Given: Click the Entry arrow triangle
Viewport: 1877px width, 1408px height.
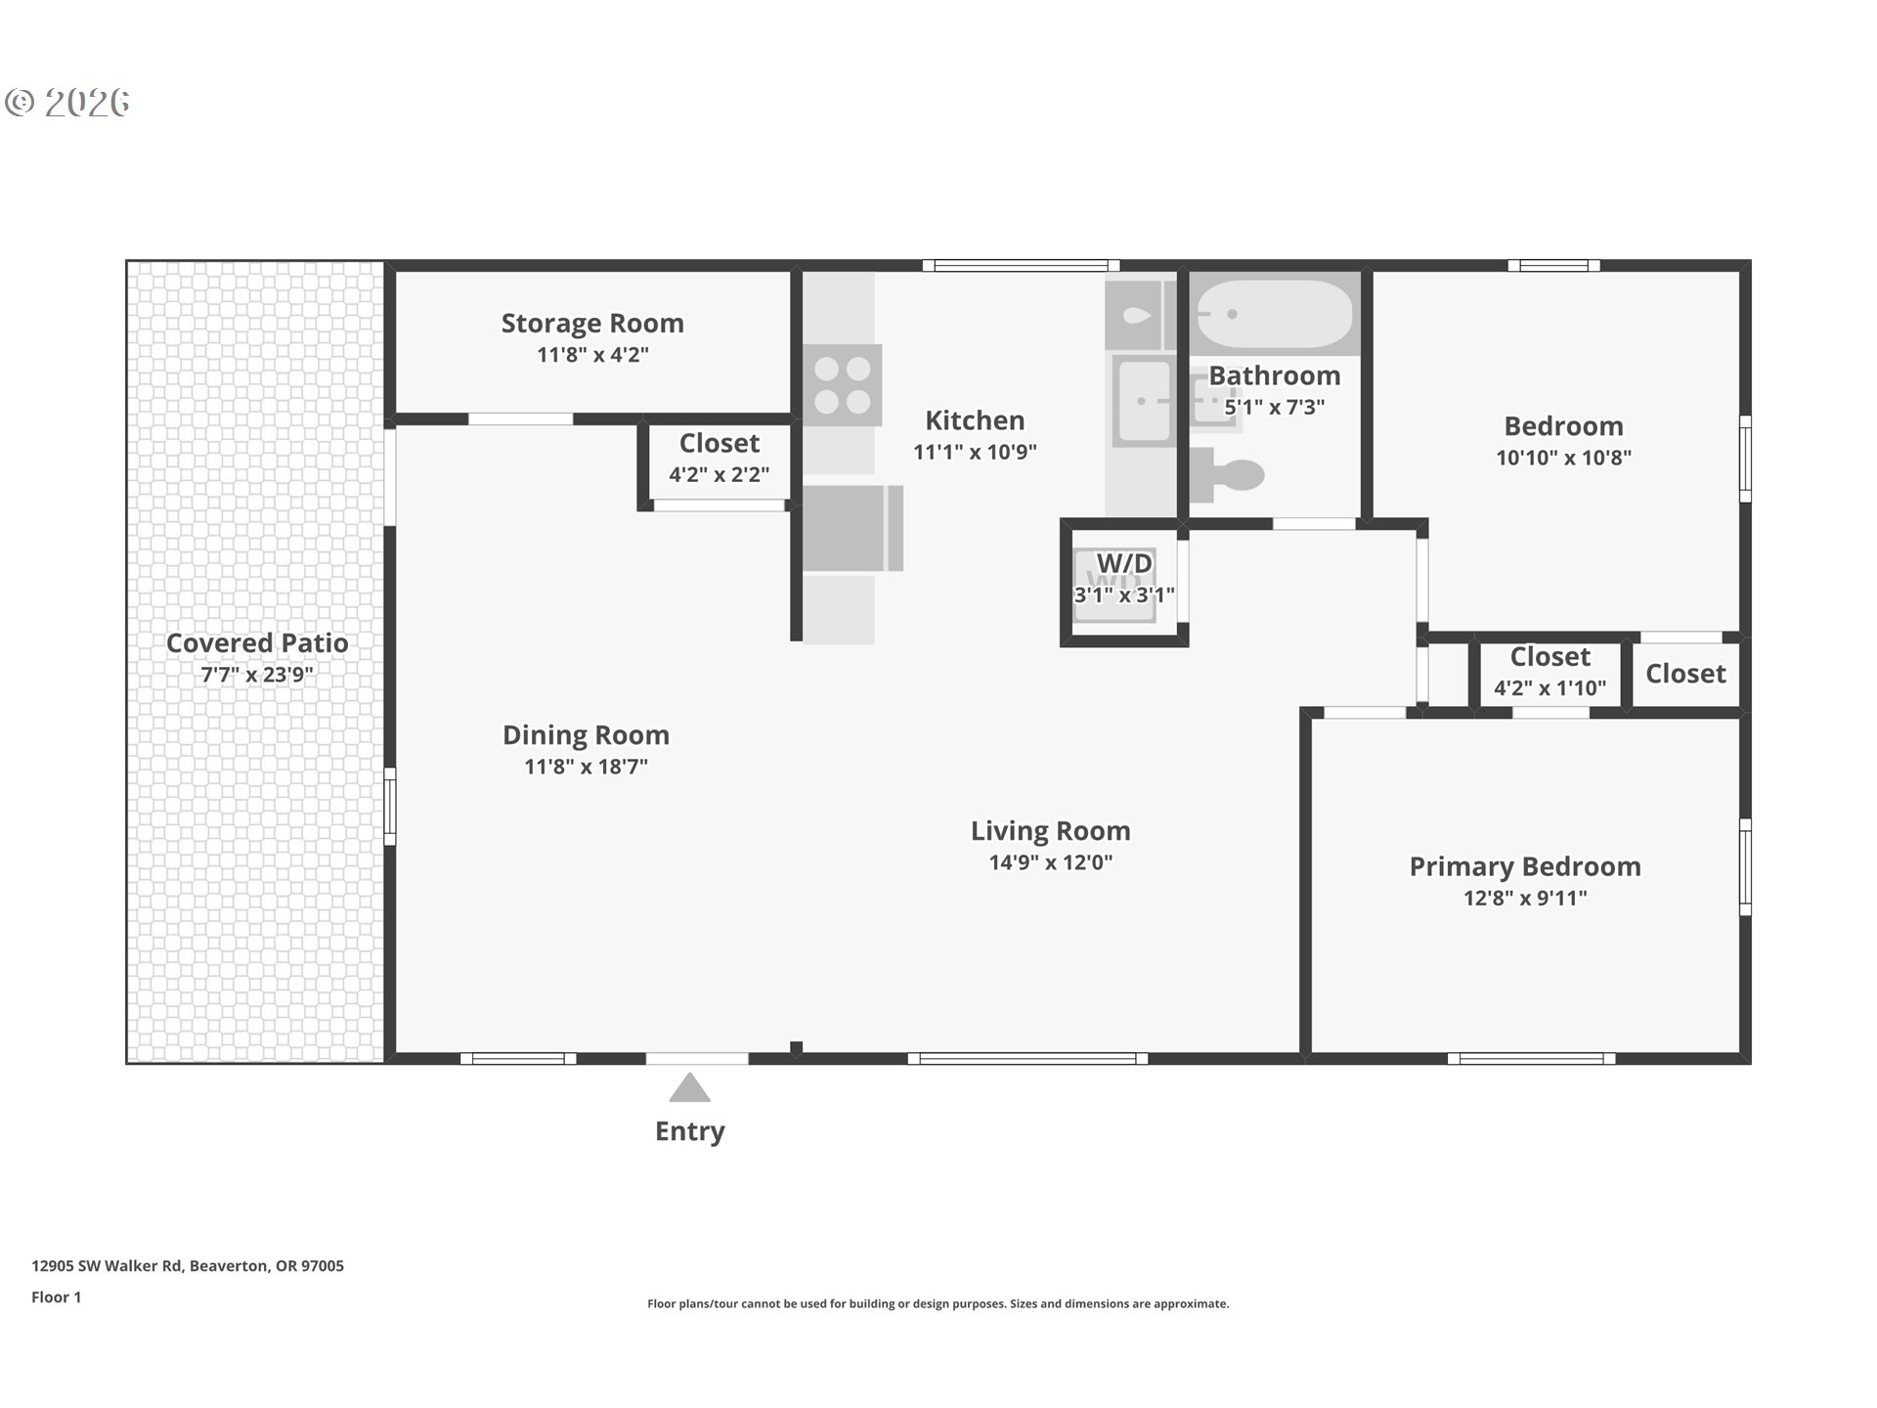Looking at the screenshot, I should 689,1087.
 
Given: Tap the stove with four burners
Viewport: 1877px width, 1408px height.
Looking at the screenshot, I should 842,384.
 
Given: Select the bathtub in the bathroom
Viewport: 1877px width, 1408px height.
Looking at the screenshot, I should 1274,314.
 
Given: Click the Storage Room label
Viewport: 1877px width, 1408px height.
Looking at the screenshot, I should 592,324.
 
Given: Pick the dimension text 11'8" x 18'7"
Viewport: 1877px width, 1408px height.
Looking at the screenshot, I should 586,767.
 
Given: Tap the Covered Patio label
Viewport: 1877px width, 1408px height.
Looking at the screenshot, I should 257,643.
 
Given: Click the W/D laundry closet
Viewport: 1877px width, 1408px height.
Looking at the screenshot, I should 1123,583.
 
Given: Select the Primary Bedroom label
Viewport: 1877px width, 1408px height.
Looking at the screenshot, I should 1524,866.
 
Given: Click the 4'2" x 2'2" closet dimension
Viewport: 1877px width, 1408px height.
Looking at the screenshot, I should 719,475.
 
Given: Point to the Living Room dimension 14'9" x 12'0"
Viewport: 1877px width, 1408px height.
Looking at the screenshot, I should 1050,862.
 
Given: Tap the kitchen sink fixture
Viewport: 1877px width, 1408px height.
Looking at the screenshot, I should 1143,401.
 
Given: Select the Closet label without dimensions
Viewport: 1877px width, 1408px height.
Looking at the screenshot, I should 1685,674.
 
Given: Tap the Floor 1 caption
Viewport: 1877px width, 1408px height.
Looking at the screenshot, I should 56,1298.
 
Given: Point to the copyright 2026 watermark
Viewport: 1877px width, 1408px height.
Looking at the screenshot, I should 67,103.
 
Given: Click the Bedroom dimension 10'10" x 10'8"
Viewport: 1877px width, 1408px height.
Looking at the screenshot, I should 1562,458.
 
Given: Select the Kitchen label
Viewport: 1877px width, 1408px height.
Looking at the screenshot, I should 975,420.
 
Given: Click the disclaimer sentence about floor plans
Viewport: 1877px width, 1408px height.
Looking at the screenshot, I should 938,1303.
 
